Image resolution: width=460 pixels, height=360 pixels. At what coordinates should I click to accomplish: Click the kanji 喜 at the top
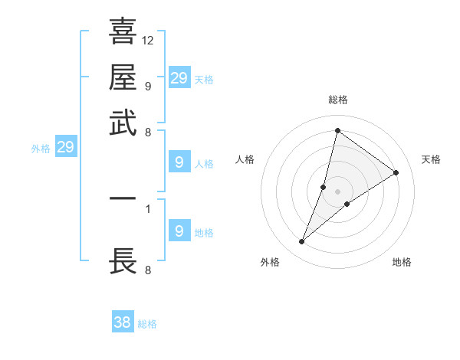pyautogui.click(x=123, y=32)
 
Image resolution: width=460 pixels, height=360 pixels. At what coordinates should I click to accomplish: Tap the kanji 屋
pyautogui.click(x=123, y=78)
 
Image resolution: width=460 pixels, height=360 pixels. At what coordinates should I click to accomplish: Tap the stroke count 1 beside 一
pyautogui.click(x=147, y=208)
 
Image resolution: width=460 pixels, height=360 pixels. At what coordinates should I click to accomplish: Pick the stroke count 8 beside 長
pyautogui.click(x=147, y=270)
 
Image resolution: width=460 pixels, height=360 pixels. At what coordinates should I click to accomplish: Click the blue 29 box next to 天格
pyautogui.click(x=179, y=78)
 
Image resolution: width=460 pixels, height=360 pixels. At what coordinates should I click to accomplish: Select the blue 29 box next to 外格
pyautogui.click(x=65, y=147)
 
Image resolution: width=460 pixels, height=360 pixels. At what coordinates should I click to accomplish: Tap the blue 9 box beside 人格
pyautogui.click(x=179, y=162)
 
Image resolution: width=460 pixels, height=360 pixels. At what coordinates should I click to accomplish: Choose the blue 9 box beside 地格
pyautogui.click(x=179, y=231)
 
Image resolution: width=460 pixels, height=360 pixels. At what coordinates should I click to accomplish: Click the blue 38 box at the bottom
pyautogui.click(x=123, y=322)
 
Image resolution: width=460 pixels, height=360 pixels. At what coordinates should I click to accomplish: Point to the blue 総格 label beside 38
pyautogui.click(x=148, y=324)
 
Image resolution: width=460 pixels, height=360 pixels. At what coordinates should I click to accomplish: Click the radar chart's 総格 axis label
pyautogui.click(x=337, y=100)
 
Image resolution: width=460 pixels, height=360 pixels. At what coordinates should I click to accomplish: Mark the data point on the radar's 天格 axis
pyautogui.click(x=396, y=172)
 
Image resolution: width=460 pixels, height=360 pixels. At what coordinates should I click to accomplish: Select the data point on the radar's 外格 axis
pyautogui.click(x=302, y=242)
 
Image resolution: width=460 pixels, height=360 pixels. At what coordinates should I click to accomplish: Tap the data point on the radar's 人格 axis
pyautogui.click(x=324, y=186)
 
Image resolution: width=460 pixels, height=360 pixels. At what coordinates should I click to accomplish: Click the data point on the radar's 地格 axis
pyautogui.click(x=347, y=204)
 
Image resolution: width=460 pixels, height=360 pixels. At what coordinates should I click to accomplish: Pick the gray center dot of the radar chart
pyautogui.click(x=337, y=191)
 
